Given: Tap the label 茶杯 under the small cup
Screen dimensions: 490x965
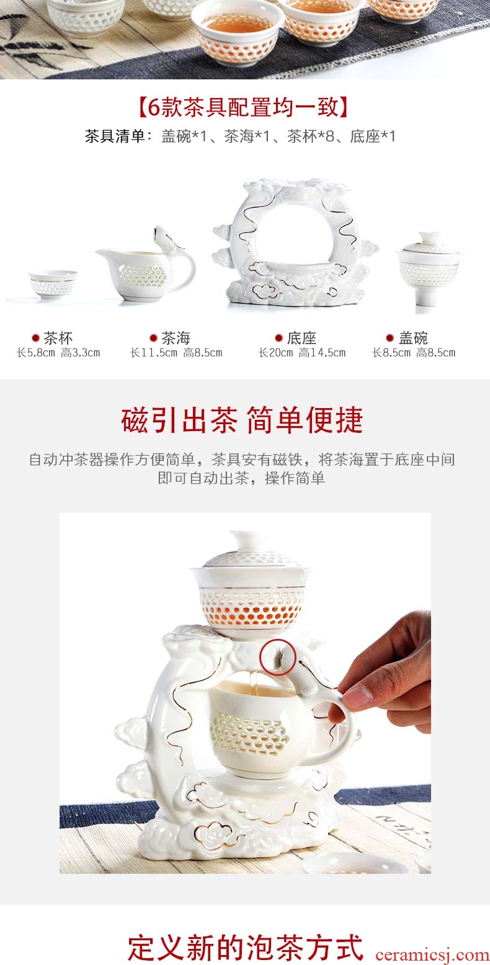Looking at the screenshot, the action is coord(58,338).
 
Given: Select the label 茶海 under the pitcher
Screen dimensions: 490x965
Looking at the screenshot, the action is coord(176,338).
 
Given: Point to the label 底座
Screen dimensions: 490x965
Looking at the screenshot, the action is coord(301,338).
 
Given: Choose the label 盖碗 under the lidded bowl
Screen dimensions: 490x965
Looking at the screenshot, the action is coord(413,338).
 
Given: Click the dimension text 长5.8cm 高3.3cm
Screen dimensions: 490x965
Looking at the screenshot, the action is coord(58,354).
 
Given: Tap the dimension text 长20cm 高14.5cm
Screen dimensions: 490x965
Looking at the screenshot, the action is coord(301,354).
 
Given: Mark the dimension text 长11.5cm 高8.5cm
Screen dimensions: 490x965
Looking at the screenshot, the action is coord(176,354).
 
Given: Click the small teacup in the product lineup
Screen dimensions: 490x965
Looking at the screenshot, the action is coord(53,284).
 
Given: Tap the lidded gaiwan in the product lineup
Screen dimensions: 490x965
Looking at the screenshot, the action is coord(429,268).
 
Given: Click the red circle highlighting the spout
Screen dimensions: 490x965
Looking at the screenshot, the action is coord(277,657).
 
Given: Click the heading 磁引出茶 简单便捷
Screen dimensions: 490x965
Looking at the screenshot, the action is coord(242,420).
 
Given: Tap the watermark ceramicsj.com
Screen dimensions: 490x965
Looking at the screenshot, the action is coord(432,954).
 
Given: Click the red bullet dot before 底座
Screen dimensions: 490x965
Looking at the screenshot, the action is coord(279,338).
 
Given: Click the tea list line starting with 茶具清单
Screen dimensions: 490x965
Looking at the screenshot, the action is coord(240,136).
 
